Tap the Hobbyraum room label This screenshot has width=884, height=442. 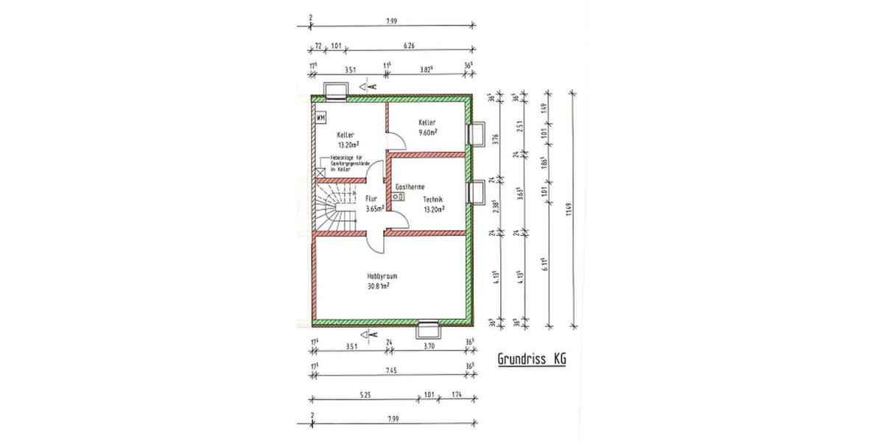(378, 276)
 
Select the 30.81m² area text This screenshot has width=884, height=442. (378, 286)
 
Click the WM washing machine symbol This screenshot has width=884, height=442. (320, 117)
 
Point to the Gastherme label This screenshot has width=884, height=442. (410, 187)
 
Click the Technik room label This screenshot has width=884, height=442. (432, 200)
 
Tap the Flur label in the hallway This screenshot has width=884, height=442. (371, 199)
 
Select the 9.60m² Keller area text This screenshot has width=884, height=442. (427, 133)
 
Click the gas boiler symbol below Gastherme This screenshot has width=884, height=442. (399, 197)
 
